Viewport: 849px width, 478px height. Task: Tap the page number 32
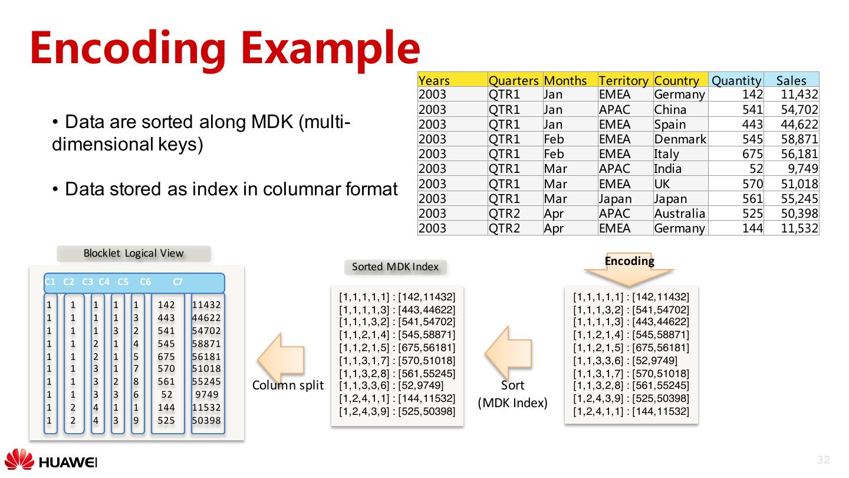coord(823,460)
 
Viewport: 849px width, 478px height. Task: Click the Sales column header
coord(791,80)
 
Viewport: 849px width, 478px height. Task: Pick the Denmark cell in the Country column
coord(680,139)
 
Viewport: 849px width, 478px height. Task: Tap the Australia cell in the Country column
coord(679,213)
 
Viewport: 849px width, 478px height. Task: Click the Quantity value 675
coord(752,154)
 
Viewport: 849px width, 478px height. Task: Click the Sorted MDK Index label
coord(395,267)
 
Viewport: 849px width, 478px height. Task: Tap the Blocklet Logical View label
coord(133,253)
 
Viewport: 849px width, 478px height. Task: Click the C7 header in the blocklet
coord(177,282)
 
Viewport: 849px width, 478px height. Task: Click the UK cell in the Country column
coord(662,184)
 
